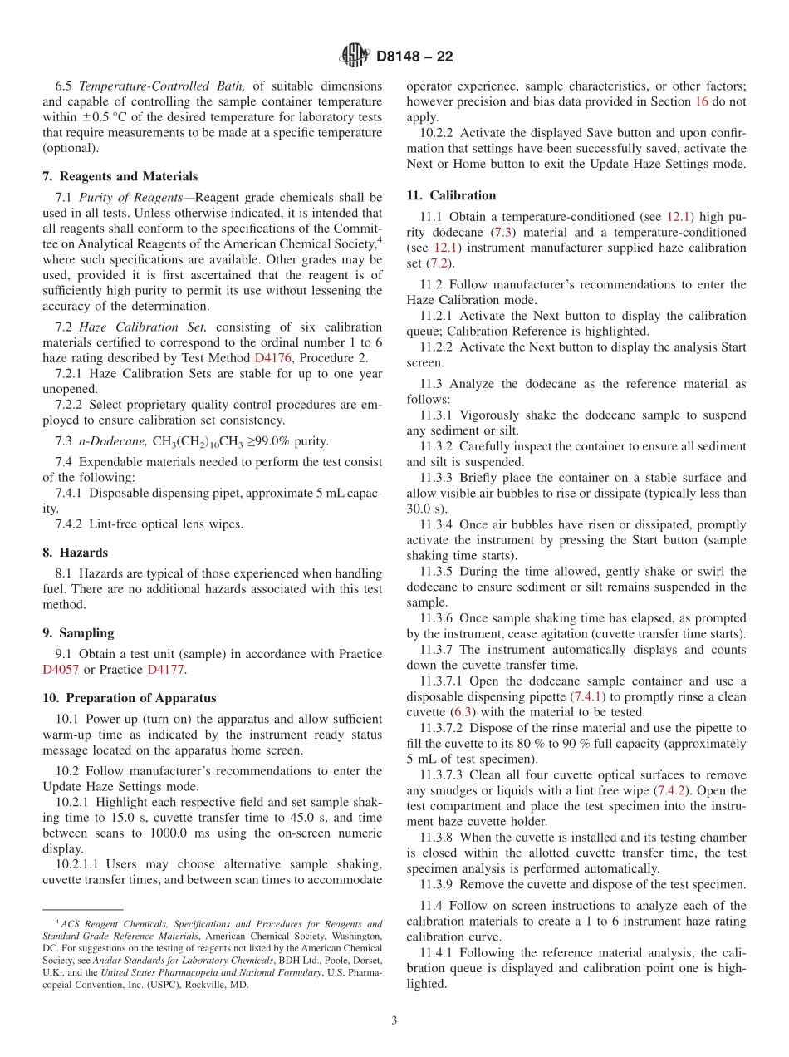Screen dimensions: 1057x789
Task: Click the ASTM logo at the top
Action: (355, 57)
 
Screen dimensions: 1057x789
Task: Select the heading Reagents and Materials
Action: (128, 176)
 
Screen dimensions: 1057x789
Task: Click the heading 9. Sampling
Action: (78, 632)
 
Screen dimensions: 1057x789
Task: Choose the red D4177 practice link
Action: (165, 670)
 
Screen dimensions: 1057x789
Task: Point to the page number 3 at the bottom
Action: (394, 1020)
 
